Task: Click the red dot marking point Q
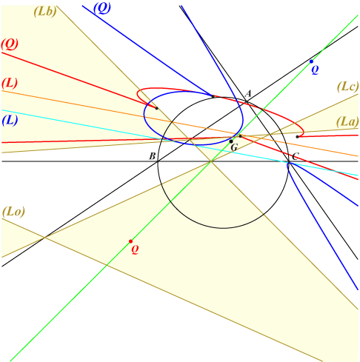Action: coord(130,241)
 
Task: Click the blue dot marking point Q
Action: coord(311,61)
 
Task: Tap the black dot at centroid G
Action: coord(231,141)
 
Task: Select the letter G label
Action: coord(234,147)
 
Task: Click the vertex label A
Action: coord(248,93)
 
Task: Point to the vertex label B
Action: coord(153,156)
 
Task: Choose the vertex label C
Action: coord(296,156)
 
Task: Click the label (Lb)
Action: coord(45,11)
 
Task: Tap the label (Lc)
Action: coord(347,87)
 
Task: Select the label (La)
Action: coord(347,122)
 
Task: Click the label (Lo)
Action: coord(13,212)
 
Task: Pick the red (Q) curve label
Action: coord(10,44)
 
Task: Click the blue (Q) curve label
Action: coord(102,8)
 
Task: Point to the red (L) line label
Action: coord(10,84)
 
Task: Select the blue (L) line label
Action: coord(10,121)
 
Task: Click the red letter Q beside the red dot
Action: coord(135,249)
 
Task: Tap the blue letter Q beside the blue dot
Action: coord(315,70)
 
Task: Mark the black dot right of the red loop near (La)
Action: coord(297,137)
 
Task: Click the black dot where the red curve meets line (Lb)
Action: coord(156,108)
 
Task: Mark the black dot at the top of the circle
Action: coord(213,96)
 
